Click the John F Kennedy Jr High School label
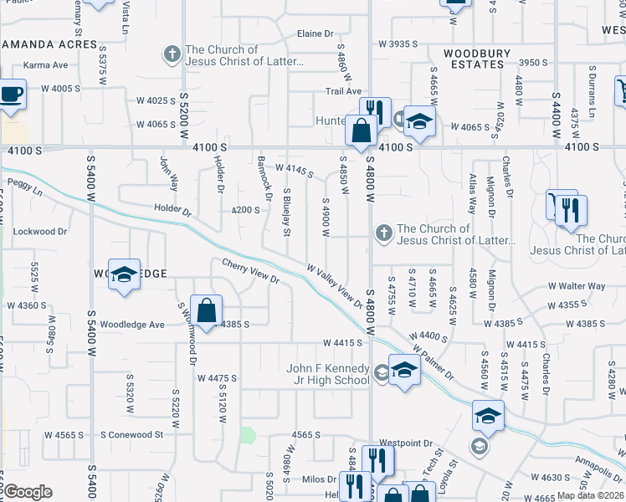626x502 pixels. pos(327,374)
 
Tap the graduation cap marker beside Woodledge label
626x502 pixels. pos(124,277)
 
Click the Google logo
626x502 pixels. pos(28,492)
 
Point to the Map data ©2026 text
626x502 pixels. pos(592,495)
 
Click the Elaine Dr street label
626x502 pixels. pos(315,33)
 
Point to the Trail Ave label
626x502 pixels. pos(343,91)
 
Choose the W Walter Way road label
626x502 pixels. pos(572,286)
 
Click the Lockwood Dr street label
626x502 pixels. pos(40,231)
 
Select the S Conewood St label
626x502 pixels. pos(131,434)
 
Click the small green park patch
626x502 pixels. pos(248,435)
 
